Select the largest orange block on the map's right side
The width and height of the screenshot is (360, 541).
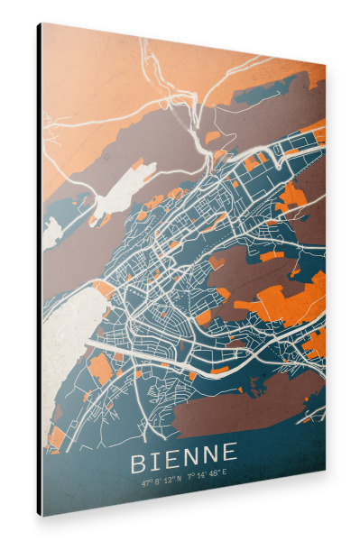tap(289, 298)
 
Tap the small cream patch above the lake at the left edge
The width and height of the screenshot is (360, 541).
tap(51, 232)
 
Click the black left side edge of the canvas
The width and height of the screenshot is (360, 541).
tap(39, 270)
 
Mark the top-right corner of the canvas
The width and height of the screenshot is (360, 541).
tap(325, 65)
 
